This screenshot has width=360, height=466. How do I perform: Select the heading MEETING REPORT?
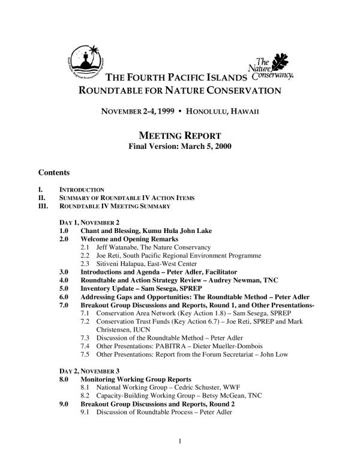coord(180,135)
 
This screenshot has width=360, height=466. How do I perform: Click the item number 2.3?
coord(85,263)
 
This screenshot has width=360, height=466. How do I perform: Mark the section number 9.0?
coord(64,404)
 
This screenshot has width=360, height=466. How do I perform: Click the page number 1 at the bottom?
coord(180,445)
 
